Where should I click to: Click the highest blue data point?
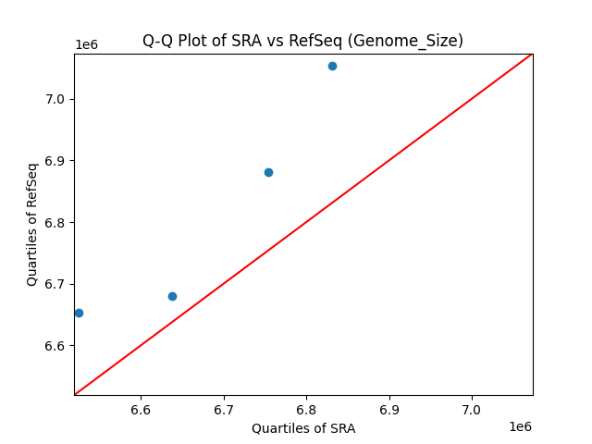(x=332, y=66)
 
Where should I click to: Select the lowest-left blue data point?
(x=79, y=313)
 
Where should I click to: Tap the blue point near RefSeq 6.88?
(x=268, y=172)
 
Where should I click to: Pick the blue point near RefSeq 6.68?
(x=172, y=296)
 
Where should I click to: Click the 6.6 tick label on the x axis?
(x=141, y=410)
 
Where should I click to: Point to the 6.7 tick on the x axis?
(x=224, y=410)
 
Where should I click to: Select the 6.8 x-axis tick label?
(x=307, y=410)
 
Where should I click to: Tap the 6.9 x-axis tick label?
(x=389, y=410)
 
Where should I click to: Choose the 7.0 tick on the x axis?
(x=473, y=410)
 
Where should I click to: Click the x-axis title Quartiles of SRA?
(x=303, y=428)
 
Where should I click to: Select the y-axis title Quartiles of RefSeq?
(x=32, y=224)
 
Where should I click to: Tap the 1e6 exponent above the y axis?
(x=86, y=44)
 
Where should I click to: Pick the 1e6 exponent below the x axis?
(x=520, y=426)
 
